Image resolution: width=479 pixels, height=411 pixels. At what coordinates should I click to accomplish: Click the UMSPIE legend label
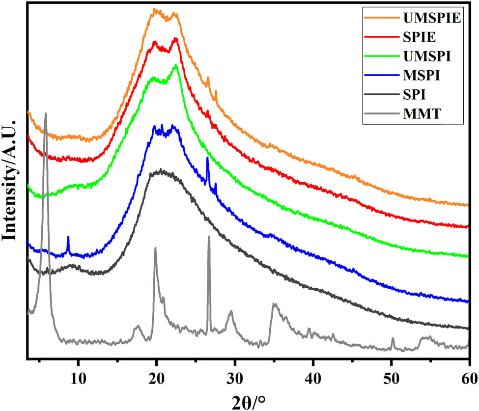[x=431, y=18]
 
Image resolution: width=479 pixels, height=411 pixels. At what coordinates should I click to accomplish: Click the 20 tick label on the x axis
[x=157, y=378]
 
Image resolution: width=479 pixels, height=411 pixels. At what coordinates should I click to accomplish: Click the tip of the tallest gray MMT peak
[x=46, y=114]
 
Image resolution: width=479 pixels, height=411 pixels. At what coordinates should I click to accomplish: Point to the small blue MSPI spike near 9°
[x=68, y=237]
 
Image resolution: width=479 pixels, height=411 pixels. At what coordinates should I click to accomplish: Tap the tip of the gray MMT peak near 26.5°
[x=209, y=237]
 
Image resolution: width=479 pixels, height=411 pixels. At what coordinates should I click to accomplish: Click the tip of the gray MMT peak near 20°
[x=155, y=248]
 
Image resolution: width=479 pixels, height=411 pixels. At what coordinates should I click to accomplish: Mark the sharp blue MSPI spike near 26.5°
[x=207, y=158]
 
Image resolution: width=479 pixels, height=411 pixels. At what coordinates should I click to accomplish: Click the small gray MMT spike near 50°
[x=393, y=339]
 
